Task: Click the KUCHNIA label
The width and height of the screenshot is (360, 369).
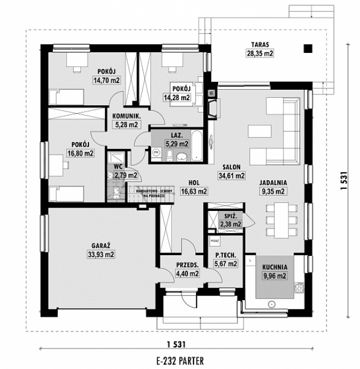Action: [x=274, y=266]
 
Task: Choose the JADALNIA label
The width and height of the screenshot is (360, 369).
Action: [x=273, y=183]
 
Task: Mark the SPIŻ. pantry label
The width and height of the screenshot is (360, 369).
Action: [x=231, y=216]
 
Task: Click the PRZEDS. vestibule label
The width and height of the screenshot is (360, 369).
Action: [x=187, y=265]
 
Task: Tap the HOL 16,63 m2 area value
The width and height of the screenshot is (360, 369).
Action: [x=194, y=192]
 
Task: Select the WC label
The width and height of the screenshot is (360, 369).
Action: [x=118, y=167]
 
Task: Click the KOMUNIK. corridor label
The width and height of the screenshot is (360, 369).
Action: [x=126, y=116]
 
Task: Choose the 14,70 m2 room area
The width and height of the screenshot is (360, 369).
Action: [x=106, y=80]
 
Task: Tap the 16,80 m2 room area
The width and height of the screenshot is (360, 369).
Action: [x=80, y=153]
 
